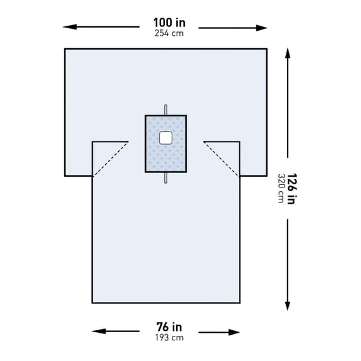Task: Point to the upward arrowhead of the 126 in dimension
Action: tap(288, 53)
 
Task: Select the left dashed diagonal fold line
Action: tap(110, 159)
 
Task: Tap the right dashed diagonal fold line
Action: tap(222, 159)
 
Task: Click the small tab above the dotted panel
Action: tap(166, 109)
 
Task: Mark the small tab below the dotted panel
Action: tap(166, 179)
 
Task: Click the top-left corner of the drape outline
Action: tap(65, 48)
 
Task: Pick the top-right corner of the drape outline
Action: tap(266, 48)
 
